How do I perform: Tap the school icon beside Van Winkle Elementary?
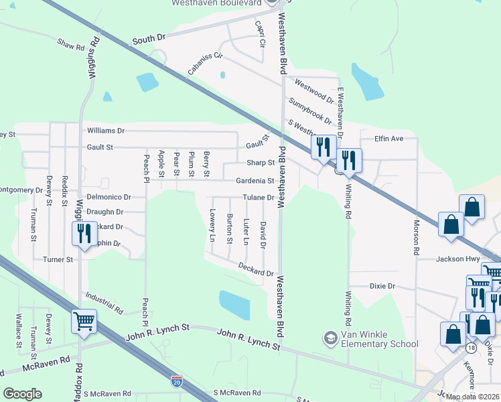tap(330, 338)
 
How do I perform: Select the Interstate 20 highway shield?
tap(176, 381)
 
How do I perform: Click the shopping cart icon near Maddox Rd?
tap(84, 322)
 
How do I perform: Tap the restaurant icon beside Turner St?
tap(84, 234)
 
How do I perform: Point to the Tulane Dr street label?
tap(259, 198)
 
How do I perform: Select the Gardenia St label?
tap(255, 181)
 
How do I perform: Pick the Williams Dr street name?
tap(106, 131)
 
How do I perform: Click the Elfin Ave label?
tap(388, 139)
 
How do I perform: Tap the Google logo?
tap(22, 394)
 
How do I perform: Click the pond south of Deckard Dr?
tap(234, 304)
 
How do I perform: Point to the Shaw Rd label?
tap(71, 44)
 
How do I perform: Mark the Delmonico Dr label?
tap(108, 197)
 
